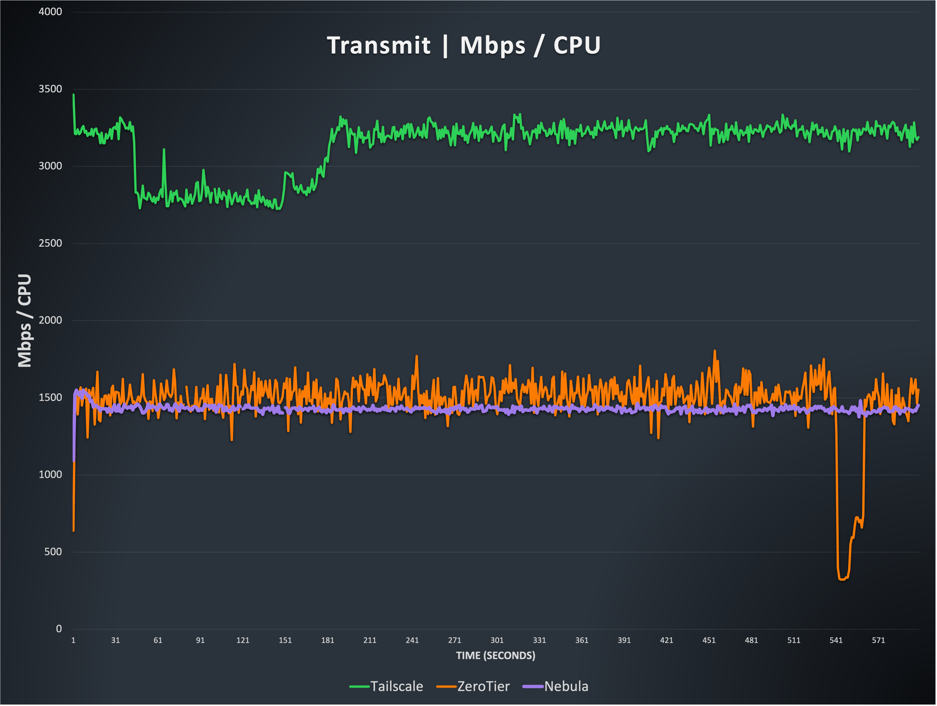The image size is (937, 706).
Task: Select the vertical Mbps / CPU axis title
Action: [x=25, y=321]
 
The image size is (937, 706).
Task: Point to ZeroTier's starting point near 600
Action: [x=74, y=530]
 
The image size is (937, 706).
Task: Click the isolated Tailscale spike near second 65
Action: [x=164, y=149]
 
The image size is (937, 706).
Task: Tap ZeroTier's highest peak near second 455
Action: [x=715, y=351]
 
